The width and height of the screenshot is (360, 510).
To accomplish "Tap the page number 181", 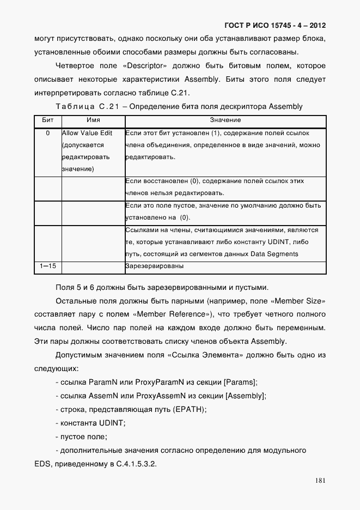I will (320, 481).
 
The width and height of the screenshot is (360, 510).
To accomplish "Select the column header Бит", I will (47, 120).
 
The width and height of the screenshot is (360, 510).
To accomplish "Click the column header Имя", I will (93, 120).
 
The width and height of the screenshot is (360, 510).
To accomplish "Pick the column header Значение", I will (225, 120).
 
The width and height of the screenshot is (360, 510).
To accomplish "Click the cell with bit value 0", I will (47, 133).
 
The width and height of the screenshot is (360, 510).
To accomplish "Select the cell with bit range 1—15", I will (47, 266).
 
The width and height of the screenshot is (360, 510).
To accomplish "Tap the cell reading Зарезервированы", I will (154, 266).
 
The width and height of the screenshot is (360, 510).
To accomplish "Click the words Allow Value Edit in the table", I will (87, 133).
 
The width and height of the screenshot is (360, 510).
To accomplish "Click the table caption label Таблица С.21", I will (88, 106).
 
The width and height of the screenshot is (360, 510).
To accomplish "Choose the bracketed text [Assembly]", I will (246, 396).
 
